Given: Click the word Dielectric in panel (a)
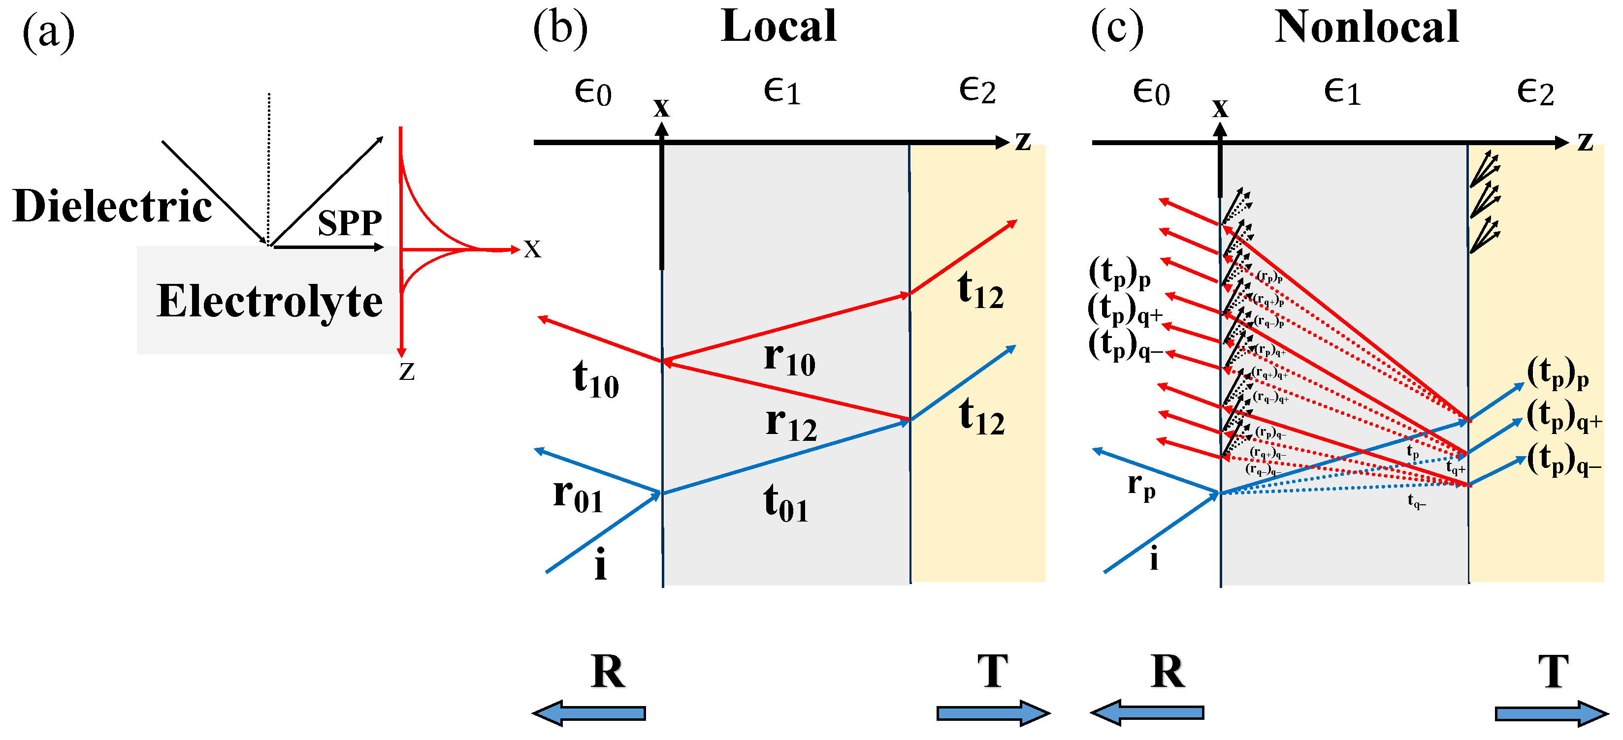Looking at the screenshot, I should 112,207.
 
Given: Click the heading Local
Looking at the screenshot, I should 779,27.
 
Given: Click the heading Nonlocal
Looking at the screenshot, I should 1366,27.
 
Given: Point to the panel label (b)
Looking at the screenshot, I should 560,30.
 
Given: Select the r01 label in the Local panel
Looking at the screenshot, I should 578,495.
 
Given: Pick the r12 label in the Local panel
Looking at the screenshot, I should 791,423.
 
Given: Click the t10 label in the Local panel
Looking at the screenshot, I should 595,379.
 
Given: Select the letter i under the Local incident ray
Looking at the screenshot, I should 600,564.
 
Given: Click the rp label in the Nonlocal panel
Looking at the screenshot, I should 1141,486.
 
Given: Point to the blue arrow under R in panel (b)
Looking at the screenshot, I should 589,713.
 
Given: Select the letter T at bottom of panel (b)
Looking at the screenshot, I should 992,672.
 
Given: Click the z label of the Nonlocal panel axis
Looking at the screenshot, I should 1585,141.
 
